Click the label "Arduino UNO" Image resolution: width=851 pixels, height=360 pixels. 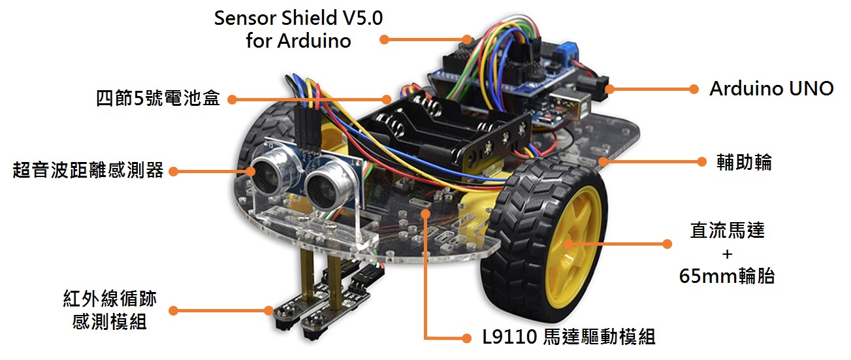pos(771,89)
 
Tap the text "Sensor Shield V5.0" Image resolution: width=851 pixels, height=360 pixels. pos(298,18)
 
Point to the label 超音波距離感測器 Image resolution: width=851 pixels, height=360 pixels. pos(88,171)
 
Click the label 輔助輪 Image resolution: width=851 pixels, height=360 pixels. pos(744,161)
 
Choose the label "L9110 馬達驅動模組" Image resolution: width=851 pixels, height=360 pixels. pos(568,337)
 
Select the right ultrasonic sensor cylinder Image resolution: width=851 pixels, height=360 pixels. pos(329,184)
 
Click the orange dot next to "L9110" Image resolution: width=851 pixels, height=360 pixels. pos(466,338)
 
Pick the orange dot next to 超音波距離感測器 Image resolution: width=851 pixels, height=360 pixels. pos(174,171)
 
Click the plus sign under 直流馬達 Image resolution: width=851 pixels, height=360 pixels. pos(727,254)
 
